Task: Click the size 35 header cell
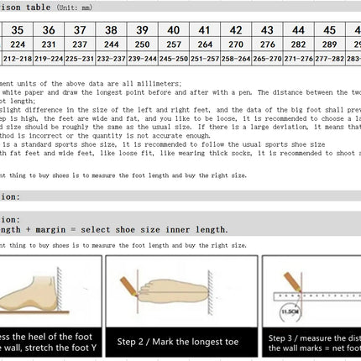(x=18, y=29)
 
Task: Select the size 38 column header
(x=111, y=29)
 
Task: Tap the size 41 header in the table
(x=205, y=29)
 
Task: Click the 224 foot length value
(x=18, y=44)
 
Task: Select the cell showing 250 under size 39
(x=143, y=44)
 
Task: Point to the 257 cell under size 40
(x=174, y=44)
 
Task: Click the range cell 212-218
(x=18, y=59)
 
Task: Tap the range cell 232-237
(x=111, y=59)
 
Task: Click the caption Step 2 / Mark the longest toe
(x=181, y=343)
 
